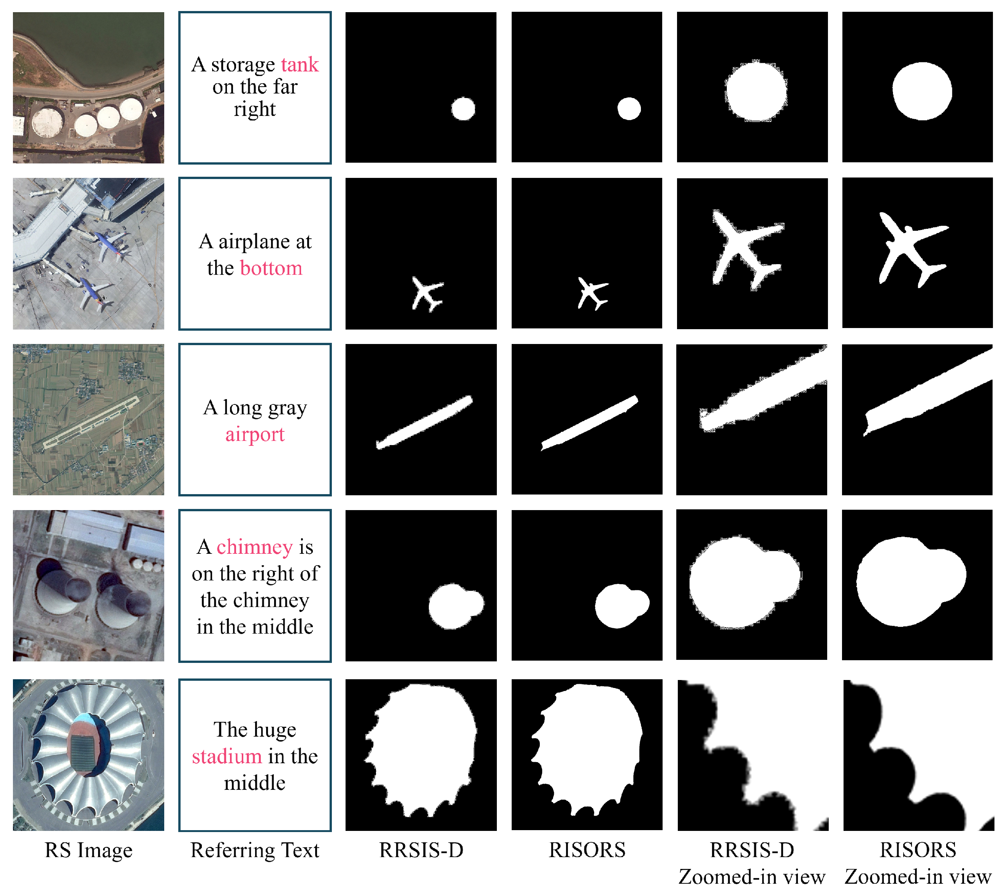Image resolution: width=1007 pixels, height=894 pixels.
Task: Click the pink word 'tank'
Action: click(300, 65)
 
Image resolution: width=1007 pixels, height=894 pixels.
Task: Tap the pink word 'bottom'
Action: click(271, 268)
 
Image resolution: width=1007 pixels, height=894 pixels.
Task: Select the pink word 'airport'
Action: click(255, 435)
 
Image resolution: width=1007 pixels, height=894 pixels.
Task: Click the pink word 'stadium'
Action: click(227, 756)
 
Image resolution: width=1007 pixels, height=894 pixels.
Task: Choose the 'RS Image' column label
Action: click(89, 851)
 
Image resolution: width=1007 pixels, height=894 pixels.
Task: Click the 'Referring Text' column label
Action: click(255, 851)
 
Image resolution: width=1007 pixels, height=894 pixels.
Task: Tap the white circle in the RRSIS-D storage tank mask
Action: click(463, 109)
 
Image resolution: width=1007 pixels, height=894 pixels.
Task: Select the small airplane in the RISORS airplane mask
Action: click(593, 293)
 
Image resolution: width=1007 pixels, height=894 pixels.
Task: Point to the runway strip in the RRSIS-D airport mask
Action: click(424, 422)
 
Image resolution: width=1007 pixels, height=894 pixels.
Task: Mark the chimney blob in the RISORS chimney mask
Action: click(622, 606)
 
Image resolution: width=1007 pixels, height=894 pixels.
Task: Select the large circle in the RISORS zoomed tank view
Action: click(922, 91)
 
